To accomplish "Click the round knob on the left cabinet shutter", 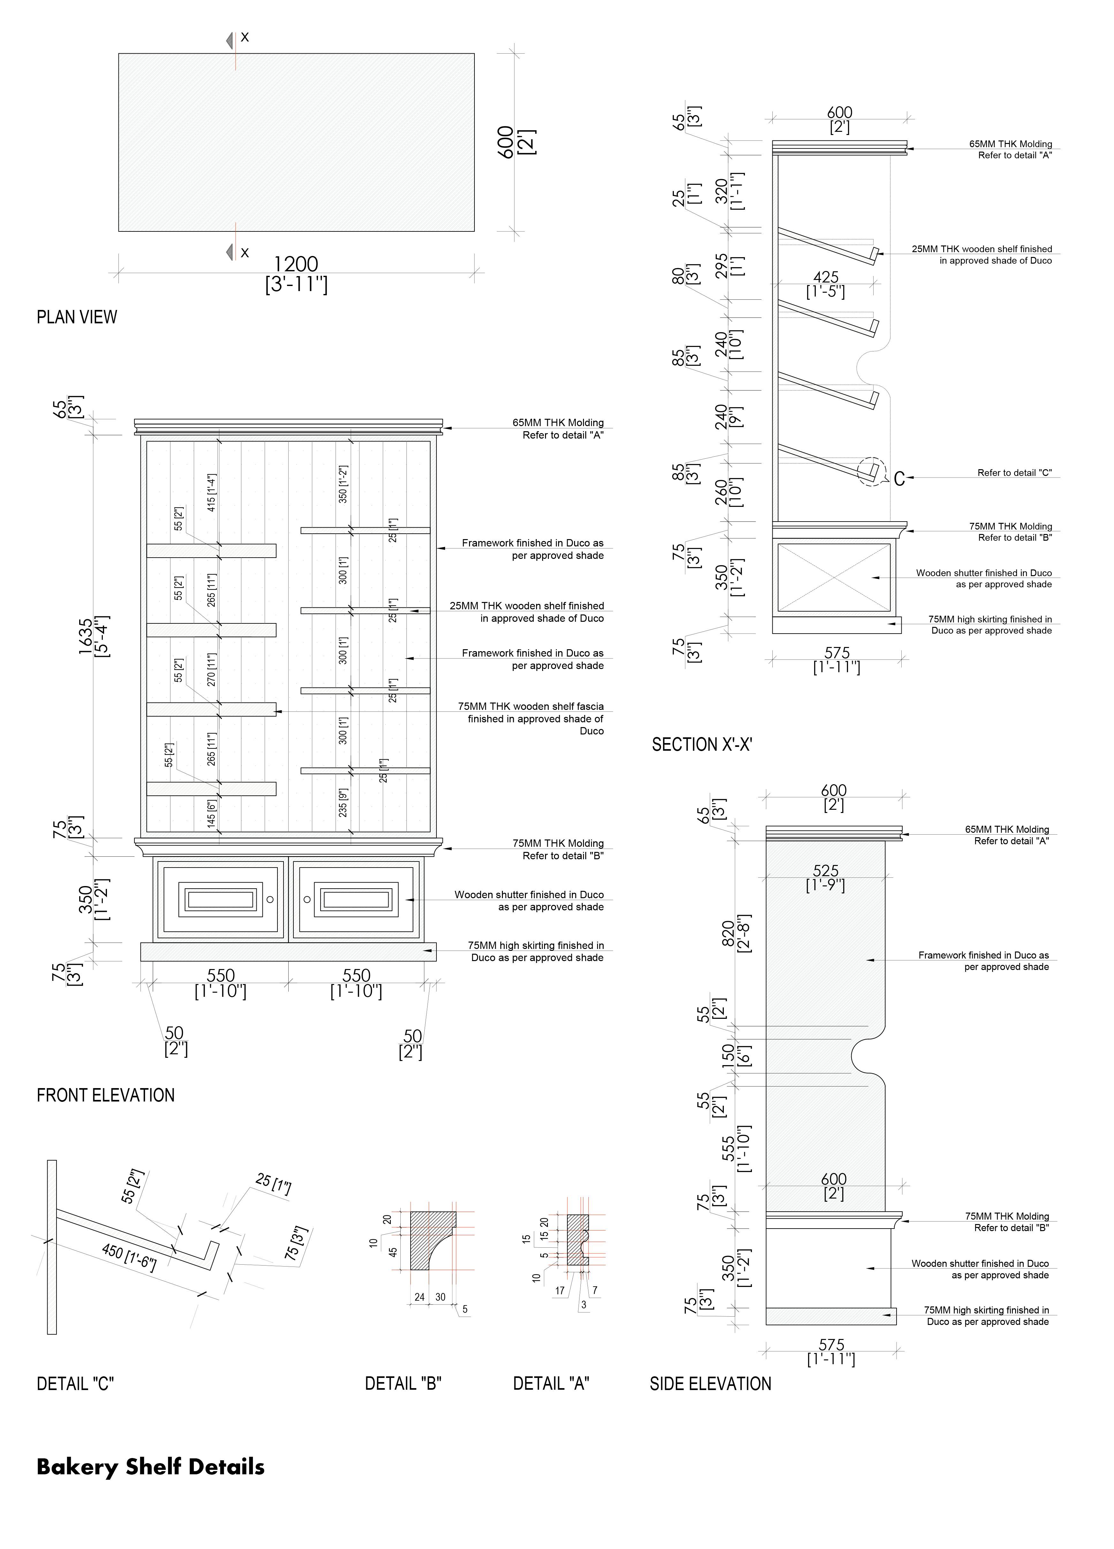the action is pos(270,899).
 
